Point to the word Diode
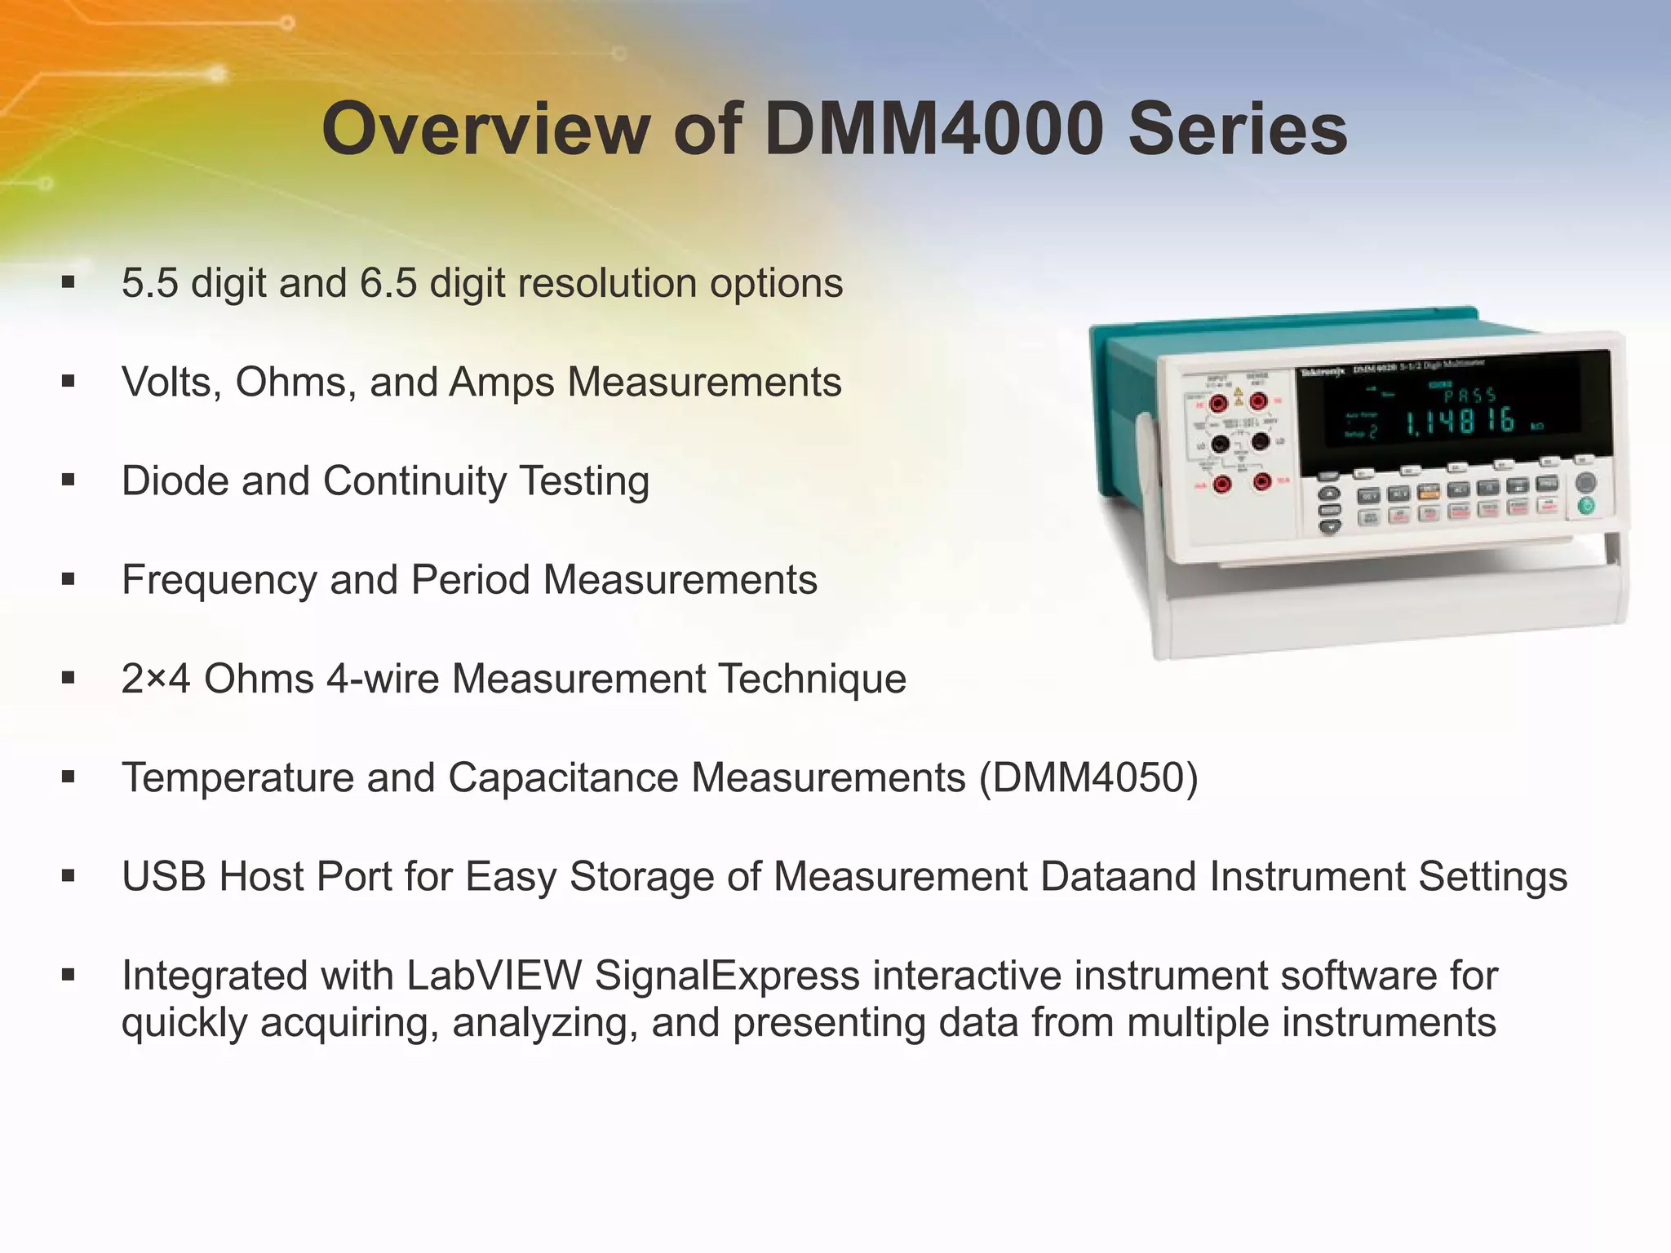coord(175,480)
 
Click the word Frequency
coord(219,580)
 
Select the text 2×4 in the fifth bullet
coord(156,679)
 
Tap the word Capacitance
coord(563,777)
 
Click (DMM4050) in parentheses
coord(1088,777)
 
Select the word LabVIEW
coord(494,976)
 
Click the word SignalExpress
coord(728,976)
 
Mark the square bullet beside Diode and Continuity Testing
coord(69,480)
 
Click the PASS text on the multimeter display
coord(1469,396)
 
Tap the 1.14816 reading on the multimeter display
coord(1459,422)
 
